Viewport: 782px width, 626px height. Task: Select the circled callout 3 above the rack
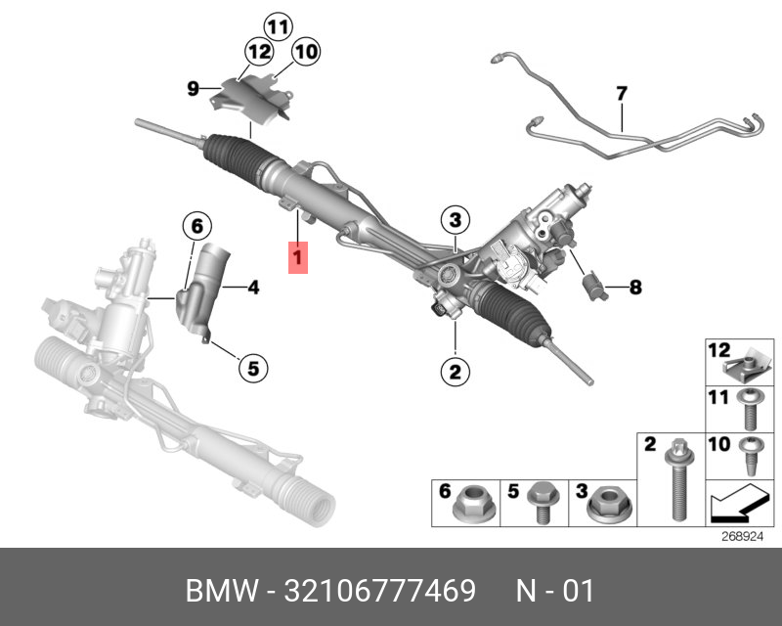click(456, 219)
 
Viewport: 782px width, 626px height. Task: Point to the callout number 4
click(252, 288)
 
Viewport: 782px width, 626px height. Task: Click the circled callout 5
click(252, 368)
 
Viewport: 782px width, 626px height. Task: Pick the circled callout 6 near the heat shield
click(196, 227)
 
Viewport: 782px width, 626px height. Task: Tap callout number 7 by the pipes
click(620, 95)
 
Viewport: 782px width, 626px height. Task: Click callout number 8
click(634, 288)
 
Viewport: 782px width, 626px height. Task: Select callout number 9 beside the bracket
click(194, 90)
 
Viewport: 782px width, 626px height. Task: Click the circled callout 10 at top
click(305, 52)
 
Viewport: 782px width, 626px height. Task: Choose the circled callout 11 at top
click(279, 25)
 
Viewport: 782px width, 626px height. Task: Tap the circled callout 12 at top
click(259, 52)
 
